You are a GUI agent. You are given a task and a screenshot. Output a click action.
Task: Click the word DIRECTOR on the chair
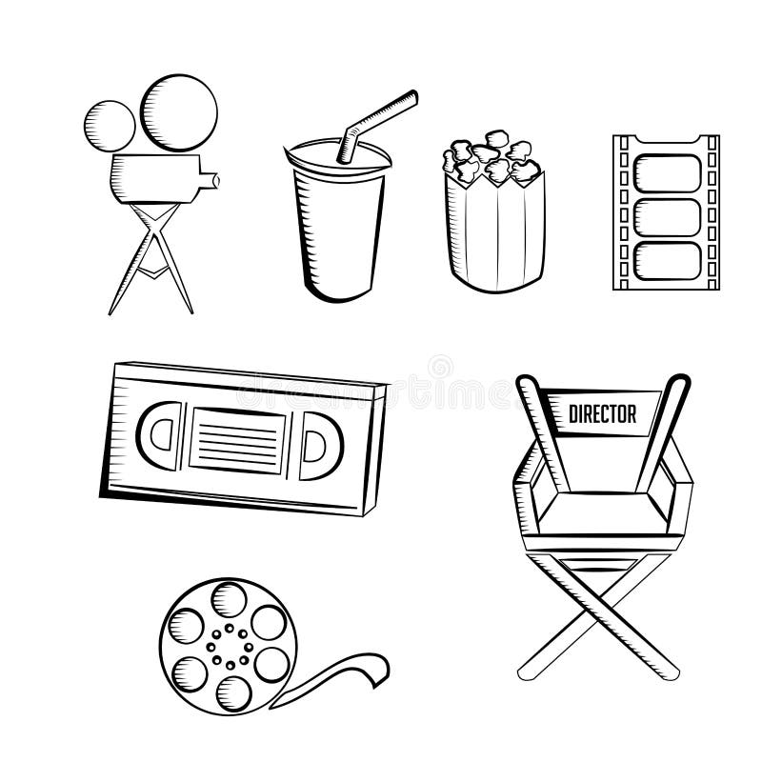(602, 413)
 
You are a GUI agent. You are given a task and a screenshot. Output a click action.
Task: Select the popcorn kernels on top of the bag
(491, 159)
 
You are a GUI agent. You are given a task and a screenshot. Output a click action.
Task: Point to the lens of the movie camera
(215, 178)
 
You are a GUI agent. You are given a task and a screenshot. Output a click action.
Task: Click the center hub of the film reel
(228, 639)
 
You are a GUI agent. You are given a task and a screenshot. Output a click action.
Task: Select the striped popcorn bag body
(490, 229)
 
